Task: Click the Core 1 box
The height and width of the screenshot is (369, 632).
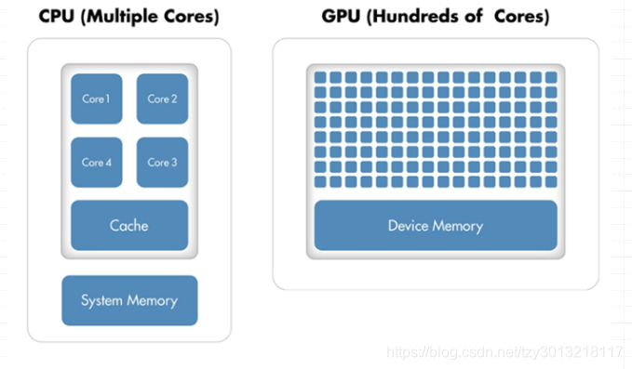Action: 96,99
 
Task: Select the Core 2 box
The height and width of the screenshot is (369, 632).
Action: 162,99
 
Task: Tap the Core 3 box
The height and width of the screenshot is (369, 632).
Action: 162,162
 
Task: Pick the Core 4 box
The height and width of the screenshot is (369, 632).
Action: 96,162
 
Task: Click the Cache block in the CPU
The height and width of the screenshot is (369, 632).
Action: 128,225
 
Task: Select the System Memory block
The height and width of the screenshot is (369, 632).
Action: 128,300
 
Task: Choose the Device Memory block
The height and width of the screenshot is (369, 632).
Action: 435,225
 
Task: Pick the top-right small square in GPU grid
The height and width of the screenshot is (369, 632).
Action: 550,77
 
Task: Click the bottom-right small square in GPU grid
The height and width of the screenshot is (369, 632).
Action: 550,181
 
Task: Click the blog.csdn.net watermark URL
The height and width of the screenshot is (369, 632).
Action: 504,352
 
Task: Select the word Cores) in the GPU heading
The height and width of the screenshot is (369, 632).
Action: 522,17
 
